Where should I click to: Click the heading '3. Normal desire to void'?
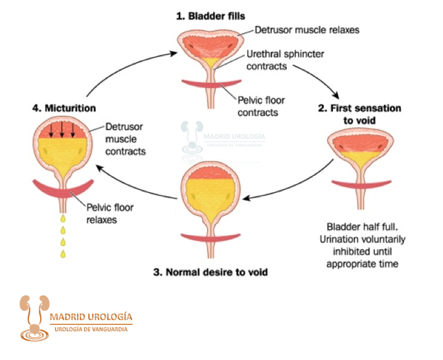point(210,272)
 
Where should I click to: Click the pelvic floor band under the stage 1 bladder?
point(209,85)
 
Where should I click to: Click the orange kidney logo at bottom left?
point(32,317)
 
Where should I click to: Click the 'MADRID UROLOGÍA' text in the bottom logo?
point(91,317)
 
